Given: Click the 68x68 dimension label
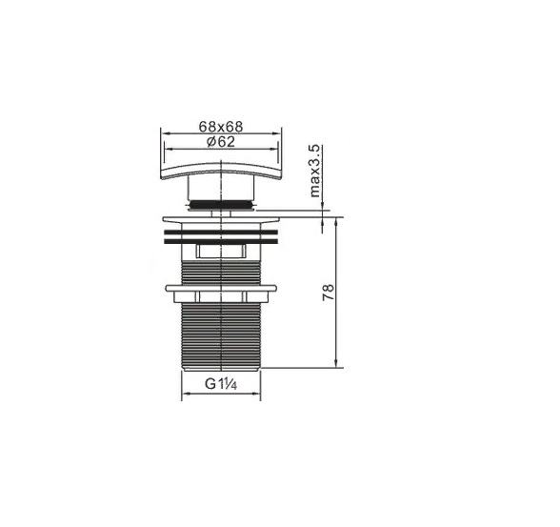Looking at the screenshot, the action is tap(221, 127).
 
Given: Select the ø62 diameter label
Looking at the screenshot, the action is tap(221, 142).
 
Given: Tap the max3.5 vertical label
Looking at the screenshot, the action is tap(314, 171).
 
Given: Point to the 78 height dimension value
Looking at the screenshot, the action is tap(329, 292).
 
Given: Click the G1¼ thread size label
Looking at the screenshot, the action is tap(221, 384).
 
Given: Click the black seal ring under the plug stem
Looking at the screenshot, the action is tap(221, 205).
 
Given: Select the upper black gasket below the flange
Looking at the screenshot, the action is tap(221, 233).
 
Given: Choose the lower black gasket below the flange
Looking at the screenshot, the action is tap(221, 241).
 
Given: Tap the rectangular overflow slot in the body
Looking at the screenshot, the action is tap(221, 251).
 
